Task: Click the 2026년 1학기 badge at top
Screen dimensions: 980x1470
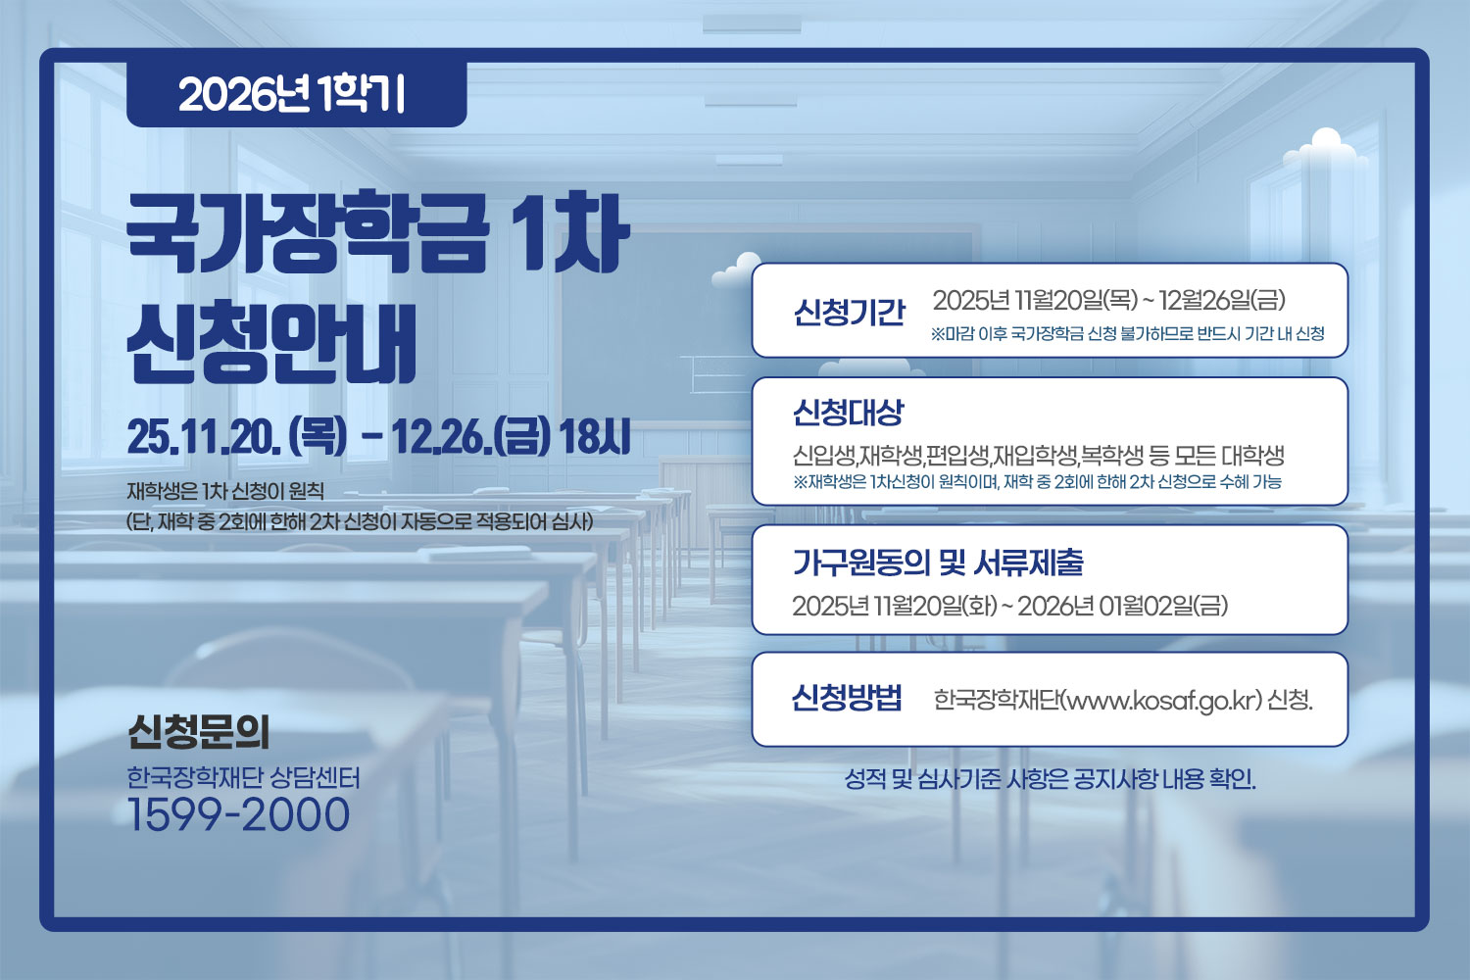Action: coord(294,94)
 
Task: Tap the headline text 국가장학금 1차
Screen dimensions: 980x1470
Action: coord(377,235)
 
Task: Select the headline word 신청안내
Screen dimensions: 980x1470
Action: coord(272,343)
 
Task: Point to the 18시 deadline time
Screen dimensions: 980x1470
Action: coord(594,437)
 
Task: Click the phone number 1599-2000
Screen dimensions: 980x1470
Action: coord(238,815)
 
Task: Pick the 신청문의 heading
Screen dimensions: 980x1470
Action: coord(199,731)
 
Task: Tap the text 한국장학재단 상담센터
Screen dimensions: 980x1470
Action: coord(244,778)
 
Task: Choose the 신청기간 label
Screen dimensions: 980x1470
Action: coord(849,312)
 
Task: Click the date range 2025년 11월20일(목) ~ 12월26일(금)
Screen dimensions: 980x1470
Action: coord(1108,300)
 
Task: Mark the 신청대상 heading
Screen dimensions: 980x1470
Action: coord(848,413)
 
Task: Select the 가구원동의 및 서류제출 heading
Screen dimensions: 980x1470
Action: coord(938,563)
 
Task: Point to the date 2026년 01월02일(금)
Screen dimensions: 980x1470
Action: coord(1122,607)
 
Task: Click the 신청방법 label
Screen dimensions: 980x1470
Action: coord(847,698)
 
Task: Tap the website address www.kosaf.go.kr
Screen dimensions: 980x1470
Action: coord(1162,701)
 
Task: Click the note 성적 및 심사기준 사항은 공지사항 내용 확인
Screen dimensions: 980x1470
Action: coord(1050,780)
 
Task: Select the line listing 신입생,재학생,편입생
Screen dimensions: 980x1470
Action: coord(1038,456)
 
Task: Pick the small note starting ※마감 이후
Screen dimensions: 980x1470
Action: coord(1127,334)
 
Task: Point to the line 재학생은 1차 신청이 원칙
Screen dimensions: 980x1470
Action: coord(225,491)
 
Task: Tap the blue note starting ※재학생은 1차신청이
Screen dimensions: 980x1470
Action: coord(1037,482)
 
